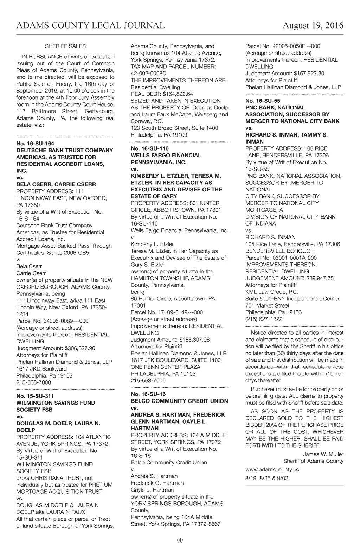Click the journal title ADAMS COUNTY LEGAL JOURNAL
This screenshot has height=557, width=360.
point(90,25)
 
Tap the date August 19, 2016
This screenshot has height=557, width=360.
point(313,25)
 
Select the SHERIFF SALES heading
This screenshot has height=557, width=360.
point(65,46)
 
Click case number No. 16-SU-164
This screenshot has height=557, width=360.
point(35,144)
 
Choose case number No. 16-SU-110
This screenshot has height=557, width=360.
point(150,148)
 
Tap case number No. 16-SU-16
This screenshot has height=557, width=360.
point(148,394)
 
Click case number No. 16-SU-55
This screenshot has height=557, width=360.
point(263,101)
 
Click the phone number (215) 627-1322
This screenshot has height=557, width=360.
point(264,319)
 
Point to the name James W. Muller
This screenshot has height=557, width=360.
point(323,454)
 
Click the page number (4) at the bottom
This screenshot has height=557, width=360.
point(180,540)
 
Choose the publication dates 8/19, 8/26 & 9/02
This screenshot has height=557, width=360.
point(266,478)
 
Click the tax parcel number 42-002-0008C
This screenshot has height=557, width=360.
point(148,74)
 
